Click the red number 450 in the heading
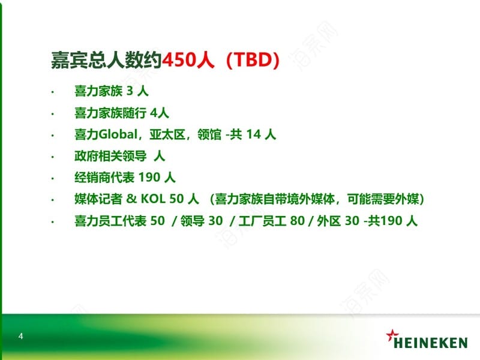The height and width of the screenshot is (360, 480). click(179, 59)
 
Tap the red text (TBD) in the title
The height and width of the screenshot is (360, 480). click(253, 60)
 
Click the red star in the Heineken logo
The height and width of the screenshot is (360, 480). click(392, 335)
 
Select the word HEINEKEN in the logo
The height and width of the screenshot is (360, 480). click(430, 343)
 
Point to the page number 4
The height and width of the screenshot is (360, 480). click(20, 336)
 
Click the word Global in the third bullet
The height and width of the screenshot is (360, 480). click(118, 134)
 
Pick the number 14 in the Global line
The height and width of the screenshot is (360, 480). click(253, 134)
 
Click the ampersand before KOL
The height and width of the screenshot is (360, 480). click(131, 199)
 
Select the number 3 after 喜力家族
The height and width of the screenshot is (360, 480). click(130, 91)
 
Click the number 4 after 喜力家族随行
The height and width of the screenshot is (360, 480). click(154, 113)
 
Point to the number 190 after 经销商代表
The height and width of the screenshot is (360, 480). click(149, 177)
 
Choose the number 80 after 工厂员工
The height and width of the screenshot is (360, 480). click(298, 220)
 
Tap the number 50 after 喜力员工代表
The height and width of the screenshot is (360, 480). click(158, 220)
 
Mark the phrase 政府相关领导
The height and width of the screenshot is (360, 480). click(110, 156)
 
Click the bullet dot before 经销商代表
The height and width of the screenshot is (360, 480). click(53, 178)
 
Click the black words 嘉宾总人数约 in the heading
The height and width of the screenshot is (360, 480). click(106, 59)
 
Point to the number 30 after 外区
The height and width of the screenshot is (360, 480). click(352, 220)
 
